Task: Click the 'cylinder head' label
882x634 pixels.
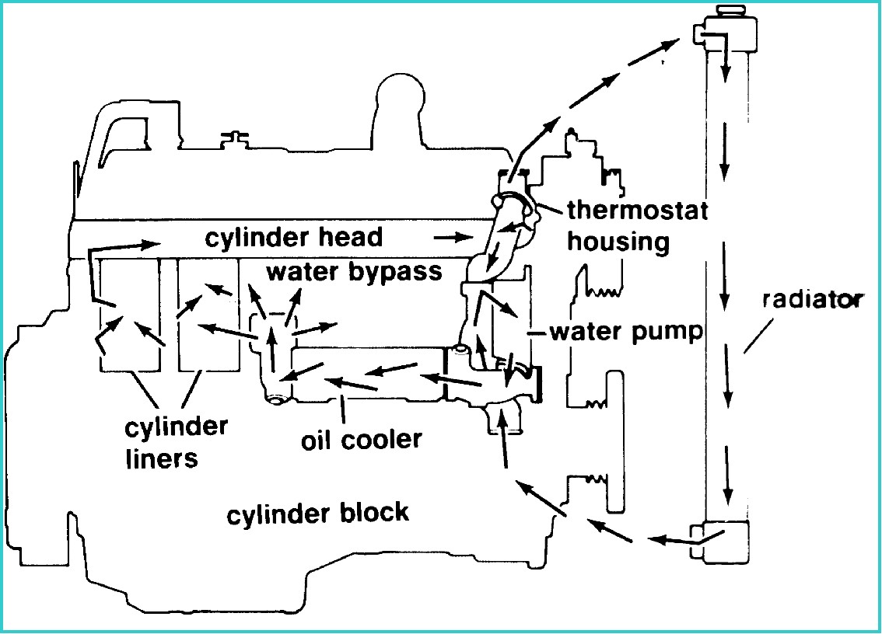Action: pyautogui.click(x=294, y=237)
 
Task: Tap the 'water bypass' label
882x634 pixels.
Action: pyautogui.click(x=354, y=272)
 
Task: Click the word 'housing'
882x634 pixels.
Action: pyautogui.click(x=618, y=242)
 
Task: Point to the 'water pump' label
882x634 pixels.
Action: pyautogui.click(x=626, y=332)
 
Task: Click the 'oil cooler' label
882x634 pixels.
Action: pyautogui.click(x=361, y=439)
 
